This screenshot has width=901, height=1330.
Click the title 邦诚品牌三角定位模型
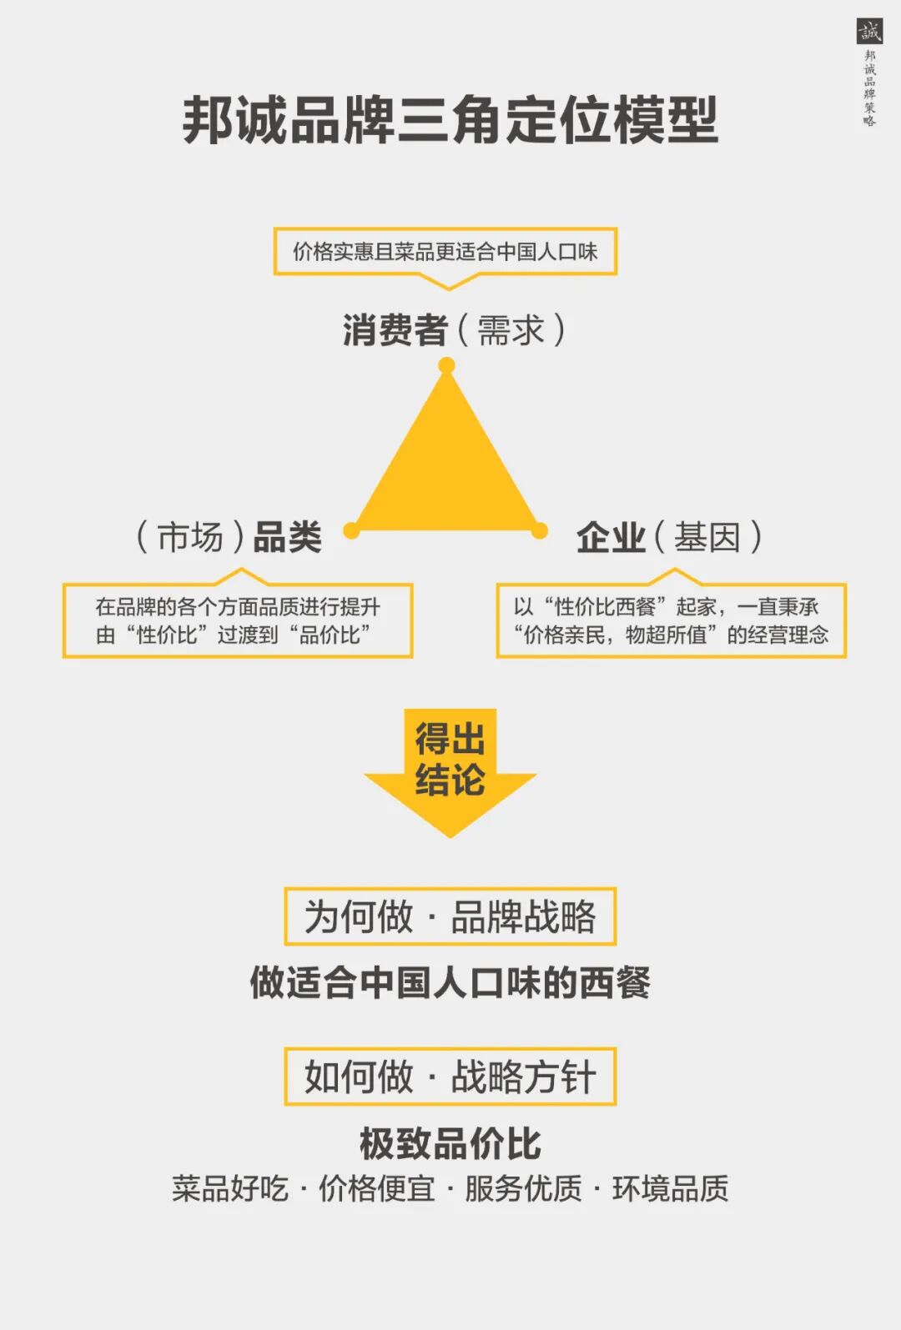(x=450, y=120)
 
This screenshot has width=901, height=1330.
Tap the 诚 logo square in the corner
(x=869, y=32)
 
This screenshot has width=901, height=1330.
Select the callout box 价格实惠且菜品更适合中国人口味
(x=445, y=251)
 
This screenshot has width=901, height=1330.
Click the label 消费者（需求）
(x=453, y=330)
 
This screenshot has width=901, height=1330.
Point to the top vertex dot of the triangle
(x=446, y=365)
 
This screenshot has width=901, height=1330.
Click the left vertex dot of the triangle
(x=351, y=530)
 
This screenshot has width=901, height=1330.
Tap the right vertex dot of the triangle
(x=540, y=530)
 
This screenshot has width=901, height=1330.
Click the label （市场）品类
(x=229, y=537)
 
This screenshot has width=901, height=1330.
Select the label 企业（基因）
(x=669, y=537)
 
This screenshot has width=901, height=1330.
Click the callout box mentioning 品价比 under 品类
(x=238, y=620)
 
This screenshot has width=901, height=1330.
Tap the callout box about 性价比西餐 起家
(x=671, y=620)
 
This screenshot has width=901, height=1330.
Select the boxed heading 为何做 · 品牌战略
(x=450, y=916)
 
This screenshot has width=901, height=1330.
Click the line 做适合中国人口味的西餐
(x=450, y=982)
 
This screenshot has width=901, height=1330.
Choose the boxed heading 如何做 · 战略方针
(x=450, y=1077)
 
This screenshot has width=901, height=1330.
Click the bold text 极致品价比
(x=450, y=1143)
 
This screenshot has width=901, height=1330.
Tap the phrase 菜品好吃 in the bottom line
(x=229, y=1188)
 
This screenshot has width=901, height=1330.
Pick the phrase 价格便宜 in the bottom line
(x=376, y=1188)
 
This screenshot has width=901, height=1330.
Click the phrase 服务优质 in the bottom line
(x=523, y=1188)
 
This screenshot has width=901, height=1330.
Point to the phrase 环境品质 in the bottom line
(x=670, y=1188)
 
